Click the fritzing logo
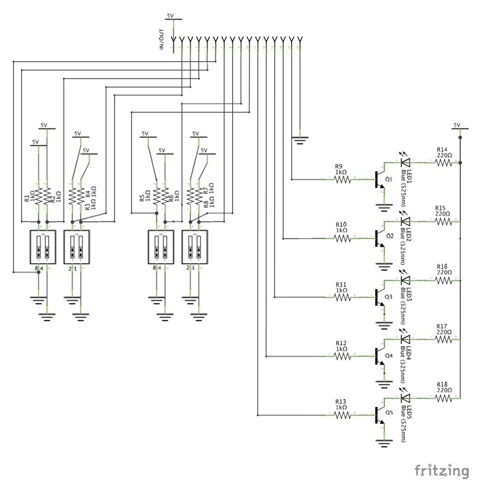442,470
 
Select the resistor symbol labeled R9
343,180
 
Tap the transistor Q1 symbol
379,180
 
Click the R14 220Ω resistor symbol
444,163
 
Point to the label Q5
389,411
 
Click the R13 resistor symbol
343,415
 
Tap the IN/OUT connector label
162,40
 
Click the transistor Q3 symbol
379,297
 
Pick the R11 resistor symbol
343,297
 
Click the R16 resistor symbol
444,281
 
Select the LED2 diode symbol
405,222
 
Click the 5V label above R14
456,125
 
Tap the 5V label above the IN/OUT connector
171,16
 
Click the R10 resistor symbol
343,238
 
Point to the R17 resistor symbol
444,339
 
